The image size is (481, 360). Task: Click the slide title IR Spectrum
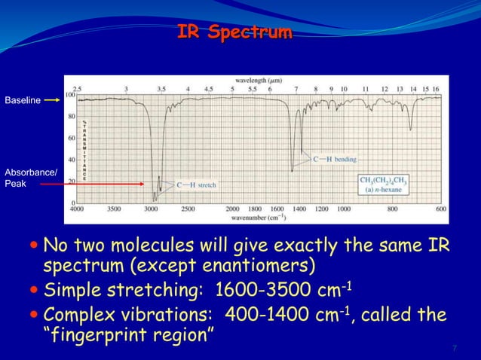click(234, 32)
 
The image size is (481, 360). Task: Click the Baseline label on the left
click(23, 99)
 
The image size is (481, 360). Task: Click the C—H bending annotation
click(335, 160)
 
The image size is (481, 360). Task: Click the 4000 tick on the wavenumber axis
click(77, 209)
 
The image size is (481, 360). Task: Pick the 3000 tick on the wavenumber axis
click(151, 209)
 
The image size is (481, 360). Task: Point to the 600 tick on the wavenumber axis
click(440, 209)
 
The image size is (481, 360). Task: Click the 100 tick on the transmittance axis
click(70, 95)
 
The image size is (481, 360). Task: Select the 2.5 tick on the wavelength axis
click(77, 88)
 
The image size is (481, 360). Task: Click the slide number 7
click(455, 347)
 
